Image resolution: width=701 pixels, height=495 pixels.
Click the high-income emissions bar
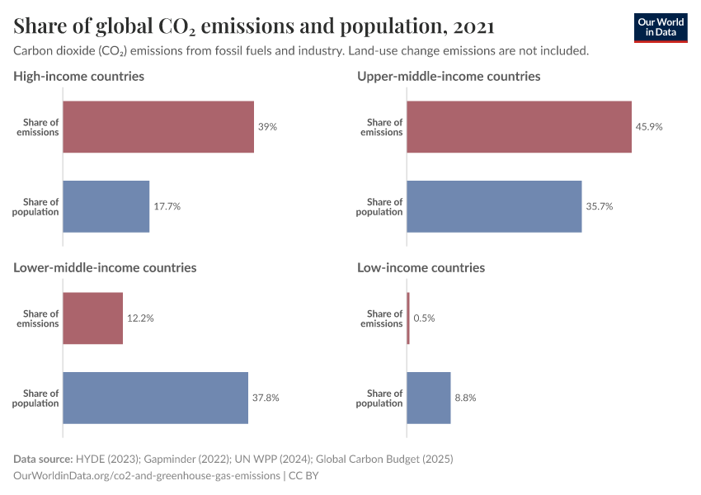pos(158,127)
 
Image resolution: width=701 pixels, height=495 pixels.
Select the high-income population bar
pos(106,206)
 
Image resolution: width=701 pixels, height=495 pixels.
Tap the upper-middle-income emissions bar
pos(519,127)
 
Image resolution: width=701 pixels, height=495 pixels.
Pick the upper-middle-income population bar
pos(494,206)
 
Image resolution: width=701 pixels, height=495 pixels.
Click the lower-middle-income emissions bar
pos(93,318)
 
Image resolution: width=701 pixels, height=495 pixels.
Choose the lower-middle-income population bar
pos(156,398)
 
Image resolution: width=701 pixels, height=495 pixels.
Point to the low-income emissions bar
pos(408,318)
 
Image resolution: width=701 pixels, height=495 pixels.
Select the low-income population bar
pos(429,398)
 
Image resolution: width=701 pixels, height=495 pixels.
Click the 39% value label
pos(267,127)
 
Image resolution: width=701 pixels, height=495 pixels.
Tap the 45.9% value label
pos(649,127)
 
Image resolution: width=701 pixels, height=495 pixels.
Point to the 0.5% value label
pos(425,318)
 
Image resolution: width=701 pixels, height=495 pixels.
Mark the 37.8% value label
pos(266,398)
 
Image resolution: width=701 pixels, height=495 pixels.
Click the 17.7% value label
pos(167,206)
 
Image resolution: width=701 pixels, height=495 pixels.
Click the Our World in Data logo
pos(661,27)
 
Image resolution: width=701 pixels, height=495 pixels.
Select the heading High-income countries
pos(79,76)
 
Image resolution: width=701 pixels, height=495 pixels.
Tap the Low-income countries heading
pos(421,267)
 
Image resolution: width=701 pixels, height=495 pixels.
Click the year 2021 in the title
pos(473,26)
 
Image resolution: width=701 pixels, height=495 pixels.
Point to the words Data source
pos(42,459)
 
